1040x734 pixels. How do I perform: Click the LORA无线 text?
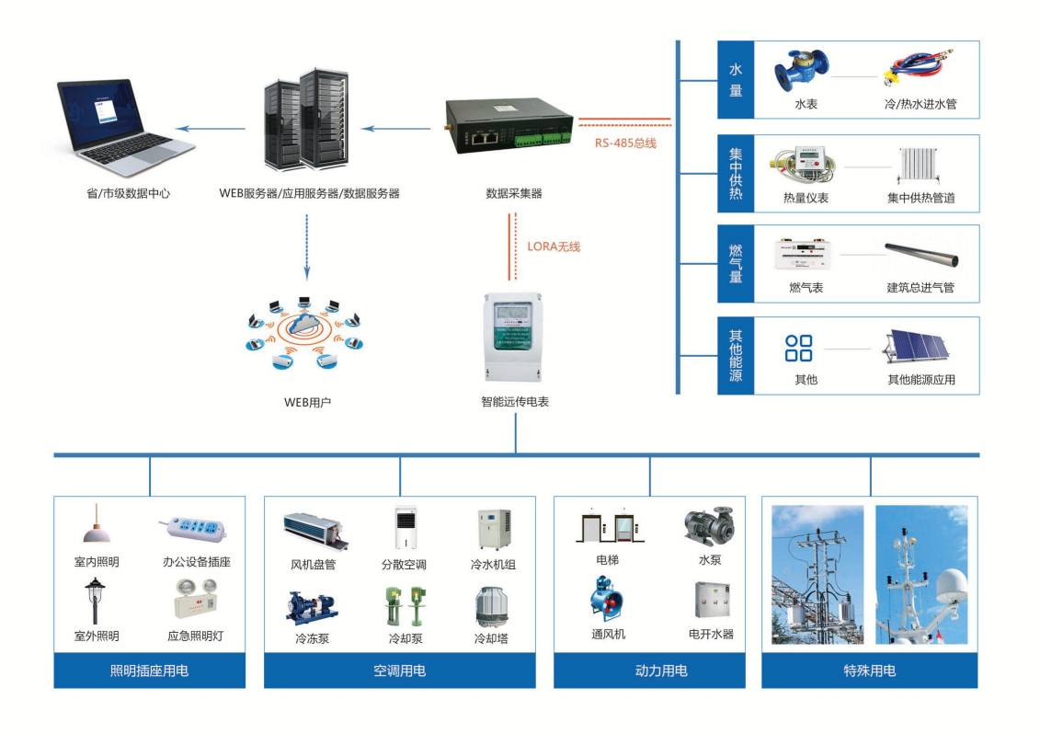554,247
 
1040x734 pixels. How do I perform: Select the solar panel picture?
920,349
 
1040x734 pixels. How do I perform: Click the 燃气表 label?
806,288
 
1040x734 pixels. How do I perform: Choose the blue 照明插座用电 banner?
149,671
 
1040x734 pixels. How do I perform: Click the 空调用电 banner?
400,671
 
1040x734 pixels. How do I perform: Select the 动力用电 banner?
661,671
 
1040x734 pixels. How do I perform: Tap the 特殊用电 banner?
869,671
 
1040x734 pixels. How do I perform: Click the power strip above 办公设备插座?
195,529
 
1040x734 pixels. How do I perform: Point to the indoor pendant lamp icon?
97,525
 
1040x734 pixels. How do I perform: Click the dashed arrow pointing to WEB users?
307,245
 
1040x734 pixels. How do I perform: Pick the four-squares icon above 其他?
798,349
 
